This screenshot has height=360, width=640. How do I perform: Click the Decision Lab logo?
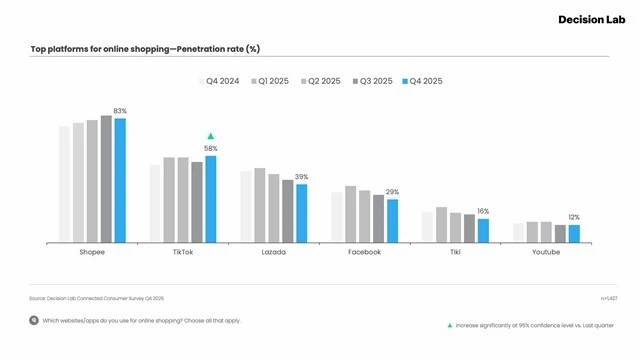[x=589, y=19]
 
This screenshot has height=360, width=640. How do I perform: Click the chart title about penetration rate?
[x=145, y=49]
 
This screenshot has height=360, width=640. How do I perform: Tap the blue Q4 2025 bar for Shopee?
[x=120, y=180]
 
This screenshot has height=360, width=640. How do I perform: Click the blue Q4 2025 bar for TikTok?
[x=211, y=199]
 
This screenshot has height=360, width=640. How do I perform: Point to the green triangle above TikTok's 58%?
[x=211, y=136]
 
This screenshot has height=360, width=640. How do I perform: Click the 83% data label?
[x=120, y=111]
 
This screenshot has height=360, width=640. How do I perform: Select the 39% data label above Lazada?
[x=301, y=177]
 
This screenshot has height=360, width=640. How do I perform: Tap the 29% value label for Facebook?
[x=392, y=192]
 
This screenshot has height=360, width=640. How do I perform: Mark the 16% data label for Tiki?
[x=483, y=211]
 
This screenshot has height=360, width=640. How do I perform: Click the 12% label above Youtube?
[x=574, y=217]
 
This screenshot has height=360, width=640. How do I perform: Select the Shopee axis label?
[x=92, y=253]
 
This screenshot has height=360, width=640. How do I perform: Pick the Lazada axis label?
[x=273, y=253]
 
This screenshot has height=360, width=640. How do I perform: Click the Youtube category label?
[x=546, y=253]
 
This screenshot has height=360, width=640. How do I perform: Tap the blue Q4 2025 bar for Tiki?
[x=483, y=230]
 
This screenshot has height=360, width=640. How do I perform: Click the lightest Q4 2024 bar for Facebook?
[x=337, y=217]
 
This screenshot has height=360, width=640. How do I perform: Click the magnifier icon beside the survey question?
[x=34, y=321]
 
